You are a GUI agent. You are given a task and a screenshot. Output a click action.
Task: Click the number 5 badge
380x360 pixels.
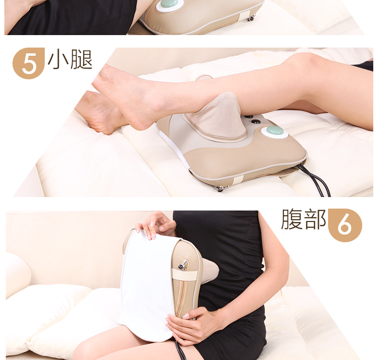[x=28, y=63]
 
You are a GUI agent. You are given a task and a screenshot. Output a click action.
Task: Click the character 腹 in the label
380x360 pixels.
[x=292, y=219]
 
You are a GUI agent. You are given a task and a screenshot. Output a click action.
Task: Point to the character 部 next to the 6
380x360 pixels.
[x=315, y=219]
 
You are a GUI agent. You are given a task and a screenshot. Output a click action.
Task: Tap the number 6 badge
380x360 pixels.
[x=345, y=225]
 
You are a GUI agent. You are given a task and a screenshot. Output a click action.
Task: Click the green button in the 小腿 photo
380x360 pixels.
[x=275, y=130]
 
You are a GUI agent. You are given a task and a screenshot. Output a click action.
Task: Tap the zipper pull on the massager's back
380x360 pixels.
[x=183, y=265]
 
